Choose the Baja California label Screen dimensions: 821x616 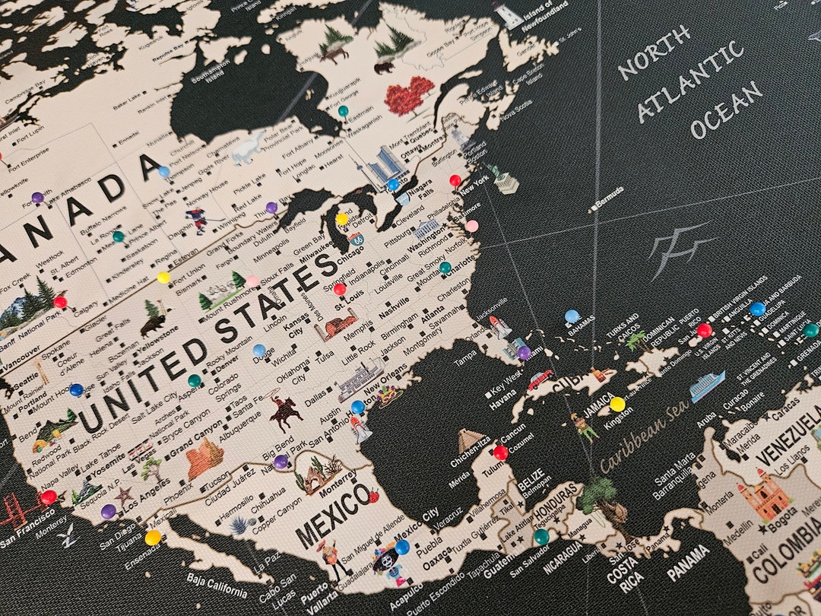click(x=217, y=586)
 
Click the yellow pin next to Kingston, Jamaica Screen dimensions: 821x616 click(x=617, y=403)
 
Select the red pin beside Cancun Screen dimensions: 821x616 click(x=500, y=452)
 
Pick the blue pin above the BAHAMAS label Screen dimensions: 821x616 click(x=572, y=316)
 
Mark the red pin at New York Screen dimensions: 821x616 click(x=455, y=180)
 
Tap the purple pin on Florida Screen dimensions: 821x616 click(x=524, y=352)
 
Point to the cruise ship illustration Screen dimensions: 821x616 click(x=707, y=386)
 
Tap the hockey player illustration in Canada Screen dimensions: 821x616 click(x=200, y=221)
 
